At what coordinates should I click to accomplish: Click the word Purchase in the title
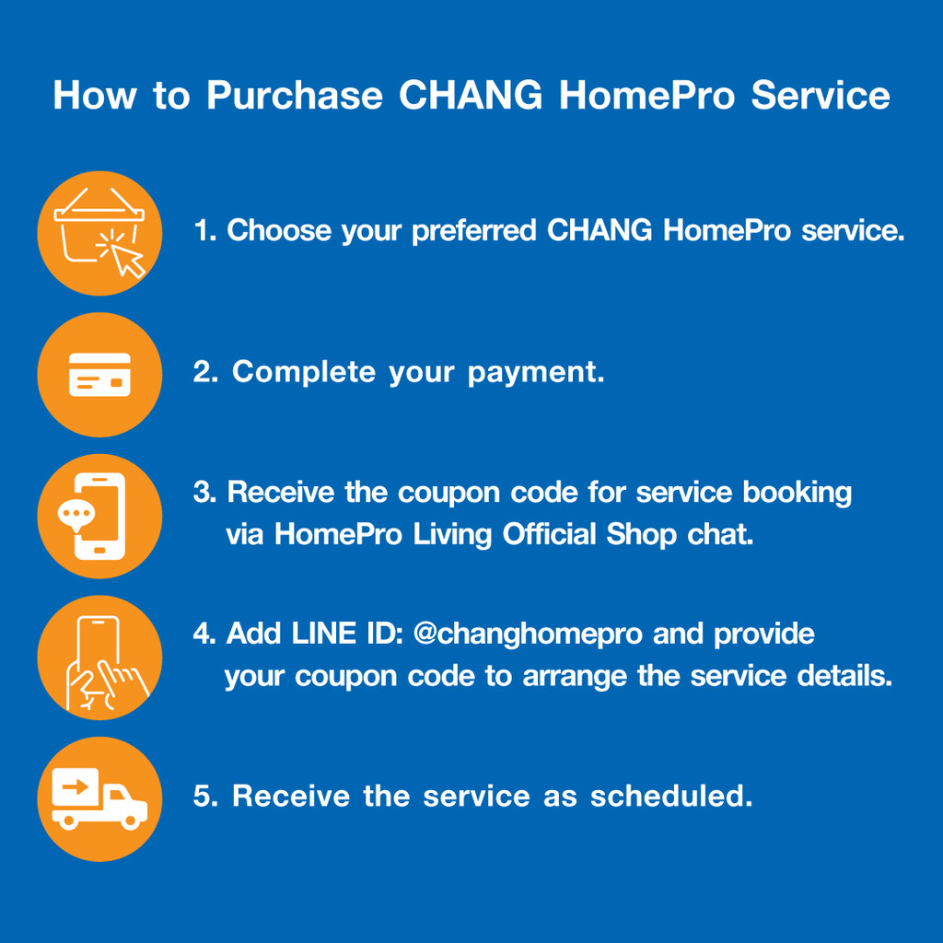point(295,96)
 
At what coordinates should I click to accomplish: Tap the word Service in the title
point(821,95)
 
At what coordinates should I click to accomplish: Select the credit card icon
point(99,375)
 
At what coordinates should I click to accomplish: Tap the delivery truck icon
point(99,798)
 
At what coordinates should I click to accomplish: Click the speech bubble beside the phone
point(76,515)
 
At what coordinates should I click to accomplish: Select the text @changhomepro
point(528,634)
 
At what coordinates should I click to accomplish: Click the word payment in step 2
point(536,373)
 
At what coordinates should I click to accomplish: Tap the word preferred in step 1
point(474,231)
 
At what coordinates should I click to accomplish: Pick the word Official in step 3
point(549,534)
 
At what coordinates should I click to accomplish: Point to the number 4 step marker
point(204,634)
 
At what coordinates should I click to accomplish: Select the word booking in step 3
point(797,494)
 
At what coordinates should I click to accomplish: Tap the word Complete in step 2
point(304,372)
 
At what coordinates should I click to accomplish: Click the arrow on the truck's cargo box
point(76,786)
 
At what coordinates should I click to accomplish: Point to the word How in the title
point(95,96)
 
